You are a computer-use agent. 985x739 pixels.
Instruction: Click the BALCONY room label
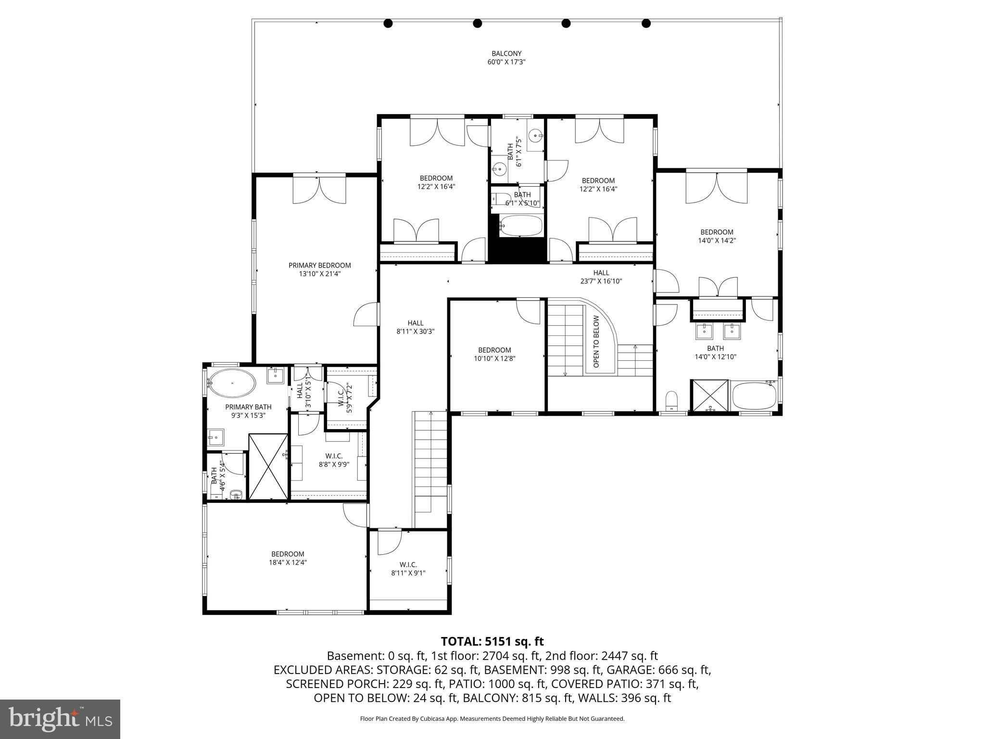pyautogui.click(x=506, y=53)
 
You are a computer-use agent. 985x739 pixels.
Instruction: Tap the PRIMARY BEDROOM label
pyautogui.click(x=319, y=265)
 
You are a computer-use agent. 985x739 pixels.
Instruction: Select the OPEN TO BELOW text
pyautogui.click(x=596, y=342)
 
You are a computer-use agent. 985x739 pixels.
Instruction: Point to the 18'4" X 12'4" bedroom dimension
pyautogui.click(x=288, y=562)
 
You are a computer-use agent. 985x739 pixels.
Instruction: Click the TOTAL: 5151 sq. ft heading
pyautogui.click(x=492, y=641)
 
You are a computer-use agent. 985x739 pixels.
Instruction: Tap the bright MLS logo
pyautogui.click(x=60, y=719)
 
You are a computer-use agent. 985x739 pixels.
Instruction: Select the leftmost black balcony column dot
pyautogui.click(x=388, y=23)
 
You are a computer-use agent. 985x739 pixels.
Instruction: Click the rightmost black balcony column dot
pyautogui.click(x=646, y=23)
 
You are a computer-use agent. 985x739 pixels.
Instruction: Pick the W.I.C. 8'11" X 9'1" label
pyautogui.click(x=408, y=568)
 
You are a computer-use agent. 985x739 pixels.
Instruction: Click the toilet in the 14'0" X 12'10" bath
pyautogui.click(x=671, y=401)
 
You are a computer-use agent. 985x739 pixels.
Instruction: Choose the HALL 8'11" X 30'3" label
pyautogui.click(x=416, y=327)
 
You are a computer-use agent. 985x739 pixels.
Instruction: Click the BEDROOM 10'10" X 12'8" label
pyautogui.click(x=494, y=354)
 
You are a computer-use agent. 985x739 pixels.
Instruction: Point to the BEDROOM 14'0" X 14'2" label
pyautogui.click(x=717, y=236)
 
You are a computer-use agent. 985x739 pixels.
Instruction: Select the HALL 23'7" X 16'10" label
pyautogui.click(x=601, y=277)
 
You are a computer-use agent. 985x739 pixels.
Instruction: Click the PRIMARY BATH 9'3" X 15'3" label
pyautogui.click(x=248, y=411)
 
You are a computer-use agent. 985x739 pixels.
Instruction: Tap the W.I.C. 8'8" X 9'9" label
pyautogui.click(x=334, y=460)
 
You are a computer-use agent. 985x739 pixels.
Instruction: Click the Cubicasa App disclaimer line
pyautogui.click(x=492, y=719)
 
